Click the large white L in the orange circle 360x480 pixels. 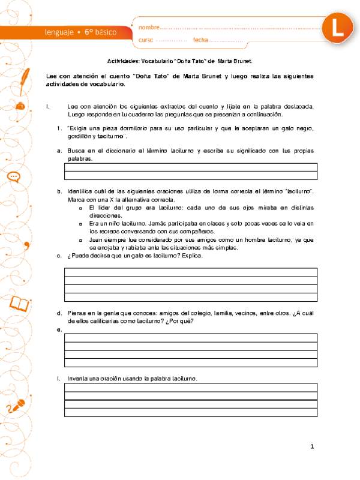[334, 28]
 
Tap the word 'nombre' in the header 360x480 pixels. [149, 28]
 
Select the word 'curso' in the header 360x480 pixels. [146, 40]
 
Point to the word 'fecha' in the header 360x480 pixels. [200, 40]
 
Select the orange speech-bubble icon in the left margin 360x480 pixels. [14, 176]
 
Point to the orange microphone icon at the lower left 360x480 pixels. [19, 404]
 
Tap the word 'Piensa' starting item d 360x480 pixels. [76, 313]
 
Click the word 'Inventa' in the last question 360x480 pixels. [77, 379]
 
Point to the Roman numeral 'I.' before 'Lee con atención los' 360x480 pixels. [47, 106]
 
